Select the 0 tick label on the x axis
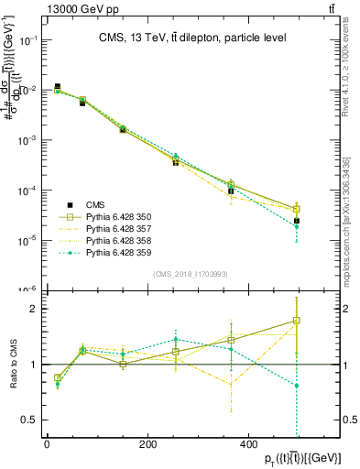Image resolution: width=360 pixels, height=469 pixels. (47, 442)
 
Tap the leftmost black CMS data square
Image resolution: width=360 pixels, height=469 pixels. (57, 87)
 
